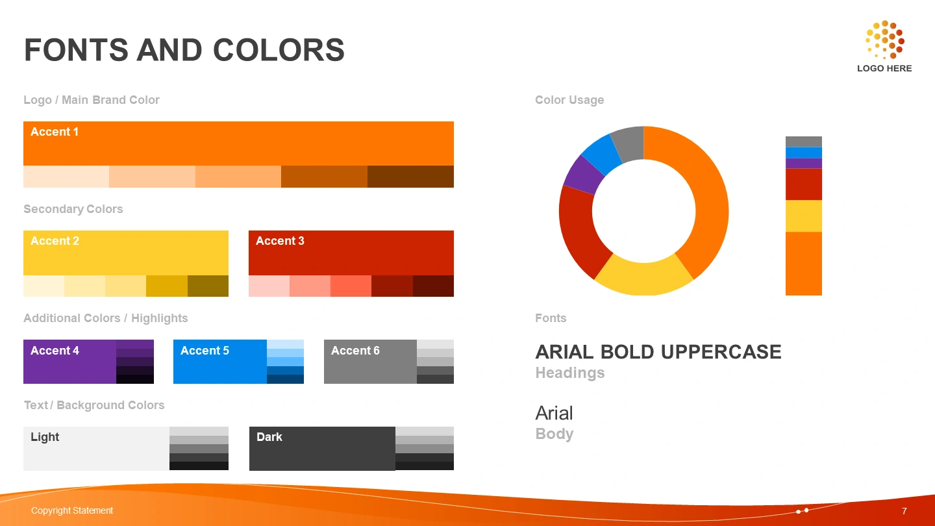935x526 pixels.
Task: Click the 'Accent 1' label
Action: (x=55, y=132)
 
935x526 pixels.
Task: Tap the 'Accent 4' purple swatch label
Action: (x=55, y=351)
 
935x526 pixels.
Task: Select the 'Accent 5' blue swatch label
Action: (x=205, y=351)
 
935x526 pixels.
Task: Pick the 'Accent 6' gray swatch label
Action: (x=355, y=351)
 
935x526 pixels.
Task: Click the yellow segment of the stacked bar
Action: (x=804, y=216)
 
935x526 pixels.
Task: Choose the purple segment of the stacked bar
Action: (x=804, y=163)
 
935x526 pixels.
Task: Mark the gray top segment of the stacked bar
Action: (x=804, y=142)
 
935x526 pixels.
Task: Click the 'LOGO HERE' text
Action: (x=884, y=68)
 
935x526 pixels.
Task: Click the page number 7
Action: (x=904, y=511)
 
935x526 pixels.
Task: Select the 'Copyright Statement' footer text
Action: (x=72, y=510)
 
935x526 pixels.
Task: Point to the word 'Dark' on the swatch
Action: (x=269, y=437)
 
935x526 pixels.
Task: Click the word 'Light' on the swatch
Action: (x=45, y=437)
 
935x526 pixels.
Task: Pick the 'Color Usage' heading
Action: (x=569, y=100)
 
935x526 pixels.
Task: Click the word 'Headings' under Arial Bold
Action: (x=570, y=372)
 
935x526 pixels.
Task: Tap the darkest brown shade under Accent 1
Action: (x=410, y=177)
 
